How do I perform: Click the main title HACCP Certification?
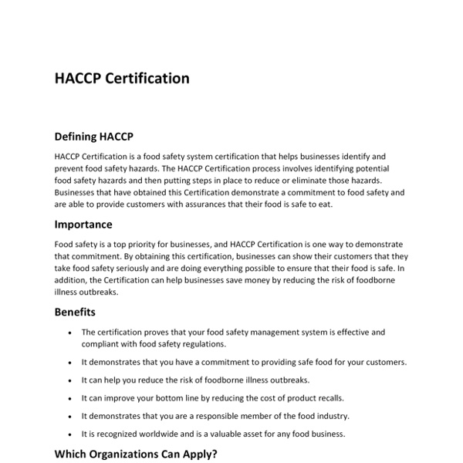[122, 79]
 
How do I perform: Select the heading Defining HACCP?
[94, 137]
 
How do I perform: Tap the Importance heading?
[83, 225]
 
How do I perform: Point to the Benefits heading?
[75, 313]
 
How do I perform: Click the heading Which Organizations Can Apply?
[136, 454]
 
